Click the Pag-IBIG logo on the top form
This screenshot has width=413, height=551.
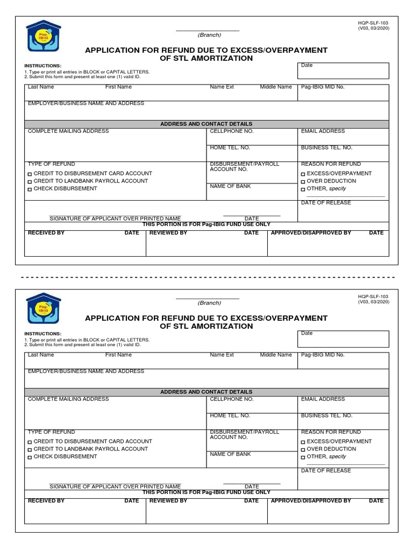pyautogui.click(x=44, y=36)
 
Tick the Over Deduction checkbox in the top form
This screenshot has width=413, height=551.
pyautogui.click(x=303, y=182)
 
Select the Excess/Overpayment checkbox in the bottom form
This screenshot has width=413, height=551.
pyautogui.click(x=303, y=442)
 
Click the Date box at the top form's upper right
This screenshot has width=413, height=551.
pyautogui.click(x=343, y=71)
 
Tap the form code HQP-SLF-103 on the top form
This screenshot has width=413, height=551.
pyautogui.click(x=373, y=23)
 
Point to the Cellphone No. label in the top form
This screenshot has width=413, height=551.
pyautogui.click(x=231, y=131)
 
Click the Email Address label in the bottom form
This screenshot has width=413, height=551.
pyautogui.click(x=323, y=399)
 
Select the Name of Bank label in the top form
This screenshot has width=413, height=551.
pyautogui.click(x=230, y=186)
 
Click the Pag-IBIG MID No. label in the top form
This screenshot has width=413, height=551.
pyautogui.click(x=323, y=87)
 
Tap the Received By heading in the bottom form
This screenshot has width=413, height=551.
pyautogui.click(x=46, y=501)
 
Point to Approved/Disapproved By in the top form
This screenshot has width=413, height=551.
pyautogui.click(x=311, y=233)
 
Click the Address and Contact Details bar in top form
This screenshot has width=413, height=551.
pyautogui.click(x=206, y=124)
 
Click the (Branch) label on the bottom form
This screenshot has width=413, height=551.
pyautogui.click(x=209, y=303)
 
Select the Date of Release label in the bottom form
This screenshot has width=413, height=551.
pyautogui.click(x=326, y=471)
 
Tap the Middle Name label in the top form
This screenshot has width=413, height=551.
pyautogui.click(x=276, y=87)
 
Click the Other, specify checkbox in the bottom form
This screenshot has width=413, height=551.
pyautogui.click(x=303, y=457)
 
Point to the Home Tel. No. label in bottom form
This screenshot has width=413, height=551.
pyautogui.click(x=230, y=415)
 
